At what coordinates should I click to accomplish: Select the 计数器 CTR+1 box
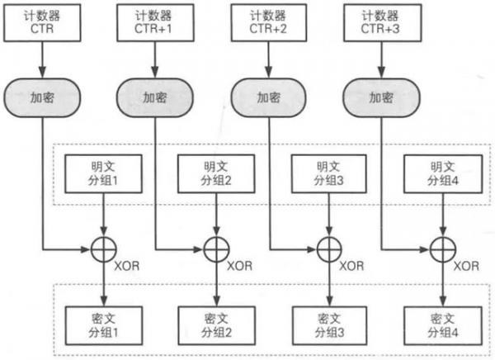(x=154, y=21)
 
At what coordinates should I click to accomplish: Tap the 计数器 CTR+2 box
(x=270, y=21)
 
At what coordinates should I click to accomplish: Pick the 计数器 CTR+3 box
(x=383, y=21)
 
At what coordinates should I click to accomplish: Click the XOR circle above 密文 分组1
(x=103, y=247)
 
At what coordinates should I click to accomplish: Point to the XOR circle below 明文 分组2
(x=216, y=247)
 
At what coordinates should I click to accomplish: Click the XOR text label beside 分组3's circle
(x=351, y=266)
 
